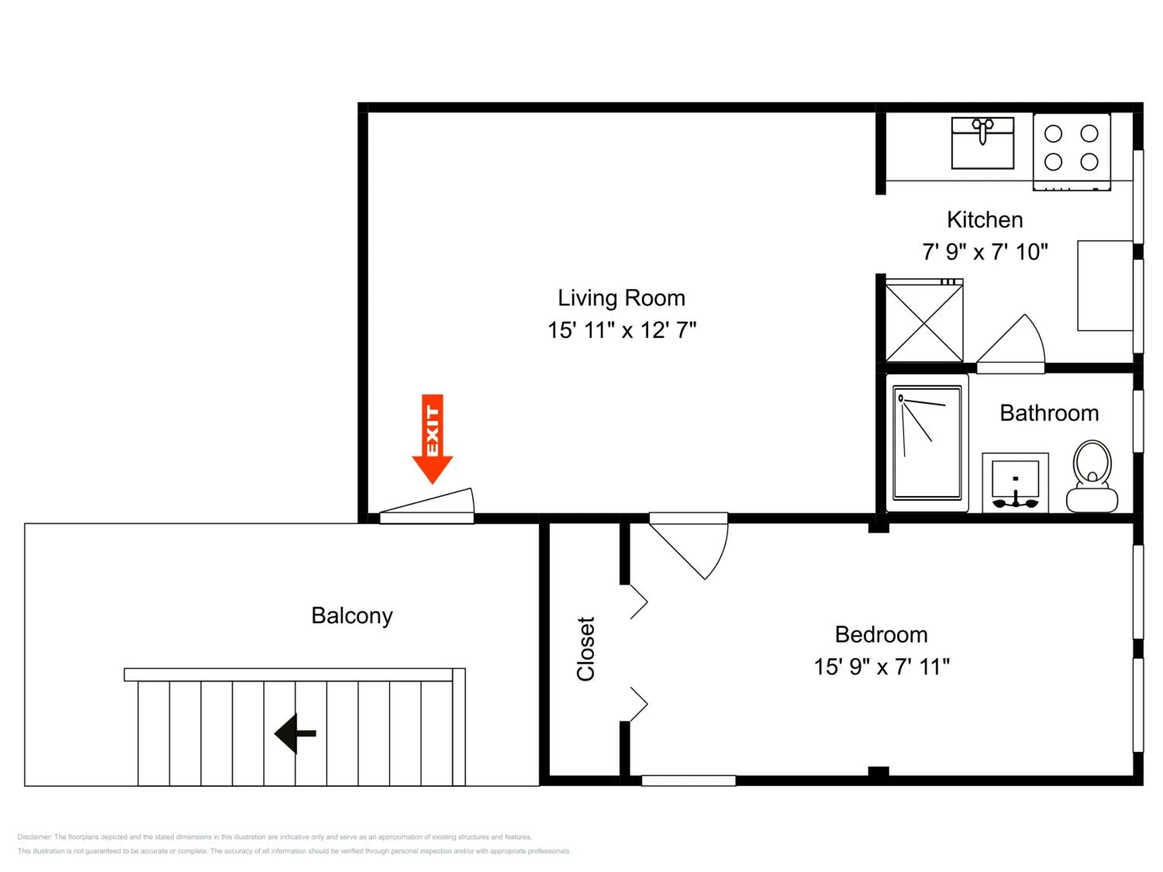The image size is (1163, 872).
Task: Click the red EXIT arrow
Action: click(432, 438)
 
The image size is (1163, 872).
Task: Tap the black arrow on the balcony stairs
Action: click(295, 733)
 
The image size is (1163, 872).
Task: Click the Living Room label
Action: click(621, 298)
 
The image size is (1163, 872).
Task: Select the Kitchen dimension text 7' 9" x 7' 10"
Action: click(985, 252)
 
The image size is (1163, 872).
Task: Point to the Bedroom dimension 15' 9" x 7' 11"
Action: click(882, 667)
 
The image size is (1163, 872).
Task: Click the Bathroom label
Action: click(1049, 413)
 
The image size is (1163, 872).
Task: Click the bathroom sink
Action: click(1015, 483)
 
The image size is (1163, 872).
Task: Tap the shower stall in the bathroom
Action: click(927, 443)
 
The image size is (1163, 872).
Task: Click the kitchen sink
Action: click(983, 143)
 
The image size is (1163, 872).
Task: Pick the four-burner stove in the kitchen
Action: click(1072, 152)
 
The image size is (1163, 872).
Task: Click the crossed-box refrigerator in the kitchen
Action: click(924, 320)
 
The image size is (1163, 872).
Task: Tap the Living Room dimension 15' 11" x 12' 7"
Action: click(622, 331)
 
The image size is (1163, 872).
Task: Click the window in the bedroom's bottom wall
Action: click(689, 781)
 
